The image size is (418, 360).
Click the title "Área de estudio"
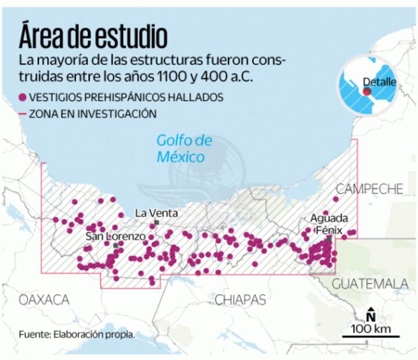click(x=93, y=36)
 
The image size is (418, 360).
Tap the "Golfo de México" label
click(x=184, y=149)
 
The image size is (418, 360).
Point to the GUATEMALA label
click(x=370, y=284)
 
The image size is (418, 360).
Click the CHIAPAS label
click(x=240, y=300)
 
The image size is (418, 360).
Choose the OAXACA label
click(x=44, y=300)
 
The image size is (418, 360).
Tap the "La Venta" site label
click(x=153, y=213)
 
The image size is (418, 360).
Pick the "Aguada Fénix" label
click(x=329, y=224)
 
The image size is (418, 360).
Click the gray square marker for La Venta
click(x=156, y=222)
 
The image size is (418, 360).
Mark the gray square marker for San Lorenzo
click(x=116, y=246)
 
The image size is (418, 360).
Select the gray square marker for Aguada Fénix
click(x=329, y=239)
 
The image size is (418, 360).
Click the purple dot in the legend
click(x=23, y=97)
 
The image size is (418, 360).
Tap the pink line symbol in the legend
click(x=23, y=114)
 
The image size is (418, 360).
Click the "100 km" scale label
click(x=370, y=329)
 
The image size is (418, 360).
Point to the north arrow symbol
click(x=370, y=314)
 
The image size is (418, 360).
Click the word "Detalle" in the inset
click(x=379, y=82)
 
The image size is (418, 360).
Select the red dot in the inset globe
click(x=367, y=91)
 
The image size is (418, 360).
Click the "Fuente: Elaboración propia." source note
click(x=76, y=334)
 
